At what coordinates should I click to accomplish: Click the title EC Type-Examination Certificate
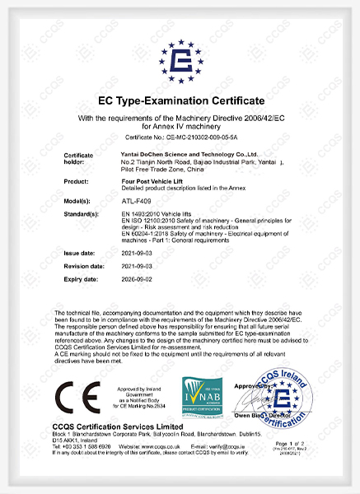tap(180, 103)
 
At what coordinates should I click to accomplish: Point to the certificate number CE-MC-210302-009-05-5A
tap(180, 137)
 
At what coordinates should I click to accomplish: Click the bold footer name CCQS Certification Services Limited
tap(124, 427)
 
